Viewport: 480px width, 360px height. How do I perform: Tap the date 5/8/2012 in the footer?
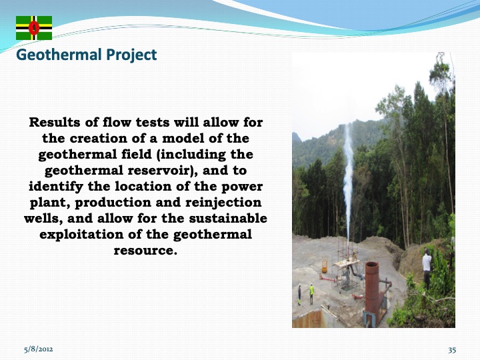(x=39, y=349)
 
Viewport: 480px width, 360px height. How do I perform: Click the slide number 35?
(x=452, y=349)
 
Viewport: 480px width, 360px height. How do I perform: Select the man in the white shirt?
(x=427, y=267)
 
